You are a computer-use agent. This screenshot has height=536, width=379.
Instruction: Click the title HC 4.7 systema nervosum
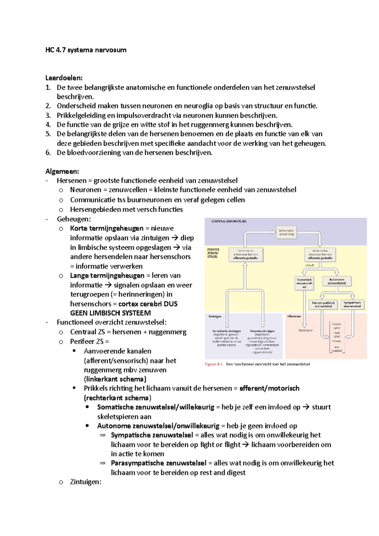point(86,50)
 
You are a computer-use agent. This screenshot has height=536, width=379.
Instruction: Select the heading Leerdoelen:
point(64,78)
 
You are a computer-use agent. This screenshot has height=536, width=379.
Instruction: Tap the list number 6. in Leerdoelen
point(48,153)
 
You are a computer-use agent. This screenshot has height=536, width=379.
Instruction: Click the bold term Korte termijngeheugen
point(106,228)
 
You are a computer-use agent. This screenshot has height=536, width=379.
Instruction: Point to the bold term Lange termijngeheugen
point(107,276)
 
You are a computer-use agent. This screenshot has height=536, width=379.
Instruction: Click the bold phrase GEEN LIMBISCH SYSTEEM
point(110,313)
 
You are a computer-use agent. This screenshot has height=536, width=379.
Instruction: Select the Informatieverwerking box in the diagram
point(286,232)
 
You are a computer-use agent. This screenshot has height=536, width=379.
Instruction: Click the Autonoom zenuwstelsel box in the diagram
point(337,281)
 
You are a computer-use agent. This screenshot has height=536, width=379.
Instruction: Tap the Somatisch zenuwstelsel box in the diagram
point(304,283)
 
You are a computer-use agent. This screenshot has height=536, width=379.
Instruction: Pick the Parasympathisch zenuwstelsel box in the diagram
point(323,304)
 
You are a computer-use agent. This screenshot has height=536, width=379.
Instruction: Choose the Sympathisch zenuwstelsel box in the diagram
point(352,304)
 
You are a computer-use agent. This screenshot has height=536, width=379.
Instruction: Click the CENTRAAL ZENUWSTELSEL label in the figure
point(229,221)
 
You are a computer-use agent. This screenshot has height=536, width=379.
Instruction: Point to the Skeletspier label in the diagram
point(305,330)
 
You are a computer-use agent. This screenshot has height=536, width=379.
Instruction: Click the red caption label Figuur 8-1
point(214,364)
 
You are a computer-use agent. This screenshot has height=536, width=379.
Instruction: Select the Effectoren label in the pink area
point(294,316)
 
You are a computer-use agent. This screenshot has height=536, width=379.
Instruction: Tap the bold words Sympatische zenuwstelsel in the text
point(152,435)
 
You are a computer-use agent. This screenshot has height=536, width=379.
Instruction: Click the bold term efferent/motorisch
point(269,388)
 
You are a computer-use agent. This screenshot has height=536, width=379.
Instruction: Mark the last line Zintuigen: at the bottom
point(86,482)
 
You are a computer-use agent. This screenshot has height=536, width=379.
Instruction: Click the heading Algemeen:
point(62,171)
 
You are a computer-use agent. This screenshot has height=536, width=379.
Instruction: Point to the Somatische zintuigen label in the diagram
point(226,331)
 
